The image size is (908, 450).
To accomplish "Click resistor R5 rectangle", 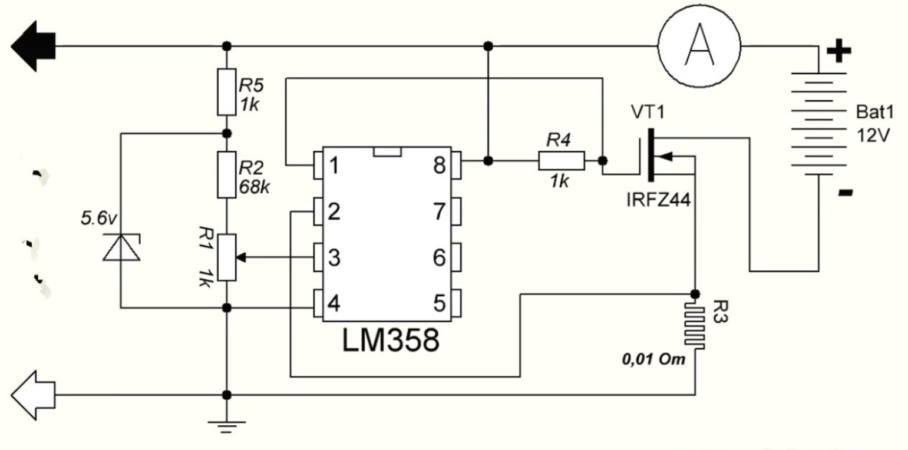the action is [x=227, y=92].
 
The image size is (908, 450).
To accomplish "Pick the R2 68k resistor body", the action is [x=227, y=175].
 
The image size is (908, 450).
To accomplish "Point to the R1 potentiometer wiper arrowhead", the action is [x=241, y=257].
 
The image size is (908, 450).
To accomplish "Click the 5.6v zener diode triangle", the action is [x=121, y=247].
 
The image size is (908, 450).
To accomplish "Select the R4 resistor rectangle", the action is [x=562, y=161].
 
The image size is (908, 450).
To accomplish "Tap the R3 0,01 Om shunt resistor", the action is [x=695, y=326].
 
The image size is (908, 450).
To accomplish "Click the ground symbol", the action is [x=227, y=427].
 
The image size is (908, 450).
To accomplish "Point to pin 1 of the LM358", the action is [x=318, y=166].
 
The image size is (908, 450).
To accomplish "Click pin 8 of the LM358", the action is [x=456, y=166].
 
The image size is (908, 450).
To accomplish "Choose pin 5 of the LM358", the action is [x=456, y=303].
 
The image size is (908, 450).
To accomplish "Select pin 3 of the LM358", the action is [x=318, y=257].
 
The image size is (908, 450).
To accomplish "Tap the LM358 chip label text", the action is [x=391, y=340].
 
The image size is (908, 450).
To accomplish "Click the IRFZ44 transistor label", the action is [x=658, y=200].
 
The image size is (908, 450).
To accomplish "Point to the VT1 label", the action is [x=648, y=112].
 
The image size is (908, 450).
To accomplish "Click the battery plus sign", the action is [x=838, y=51].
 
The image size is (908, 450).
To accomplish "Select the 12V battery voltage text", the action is [x=873, y=135].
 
